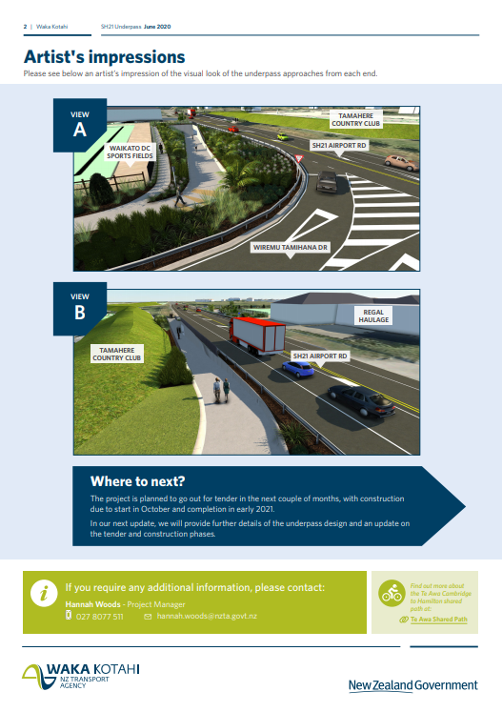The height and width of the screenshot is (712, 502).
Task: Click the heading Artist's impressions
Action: pyautogui.click(x=105, y=57)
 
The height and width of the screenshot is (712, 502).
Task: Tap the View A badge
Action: pyautogui.click(x=80, y=125)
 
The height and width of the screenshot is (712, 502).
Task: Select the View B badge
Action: pyautogui.click(x=80, y=308)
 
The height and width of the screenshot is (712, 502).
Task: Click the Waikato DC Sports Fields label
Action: pyautogui.click(x=130, y=153)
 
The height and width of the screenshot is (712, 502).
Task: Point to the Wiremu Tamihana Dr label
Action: pyautogui.click(x=291, y=248)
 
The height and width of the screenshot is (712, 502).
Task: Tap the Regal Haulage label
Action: pyautogui.click(x=373, y=315)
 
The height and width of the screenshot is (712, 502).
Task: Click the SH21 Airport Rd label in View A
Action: pyautogui.click(x=339, y=145)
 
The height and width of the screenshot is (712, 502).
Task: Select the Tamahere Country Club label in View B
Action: pyautogui.click(x=117, y=355)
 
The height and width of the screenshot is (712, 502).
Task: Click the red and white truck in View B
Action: pyautogui.click(x=257, y=336)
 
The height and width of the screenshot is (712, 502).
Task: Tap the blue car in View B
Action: pyautogui.click(x=298, y=368)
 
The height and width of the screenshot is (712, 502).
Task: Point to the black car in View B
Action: pyautogui.click(x=362, y=400)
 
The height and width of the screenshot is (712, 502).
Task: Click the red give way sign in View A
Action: pyautogui.click(x=299, y=159)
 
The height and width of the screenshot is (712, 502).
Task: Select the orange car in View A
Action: pyautogui.click(x=401, y=163)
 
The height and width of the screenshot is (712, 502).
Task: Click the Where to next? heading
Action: pyautogui.click(x=137, y=481)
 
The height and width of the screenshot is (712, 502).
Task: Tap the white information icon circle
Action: pyautogui.click(x=44, y=593)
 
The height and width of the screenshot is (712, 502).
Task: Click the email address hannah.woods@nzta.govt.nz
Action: pyautogui.click(x=207, y=616)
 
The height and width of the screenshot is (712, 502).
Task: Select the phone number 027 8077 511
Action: pyautogui.click(x=99, y=617)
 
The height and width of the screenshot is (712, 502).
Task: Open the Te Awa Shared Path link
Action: pyautogui.click(x=438, y=620)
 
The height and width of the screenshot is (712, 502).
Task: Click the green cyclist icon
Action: pyautogui.click(x=392, y=593)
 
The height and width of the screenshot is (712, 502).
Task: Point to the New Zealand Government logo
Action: pyautogui.click(x=413, y=685)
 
